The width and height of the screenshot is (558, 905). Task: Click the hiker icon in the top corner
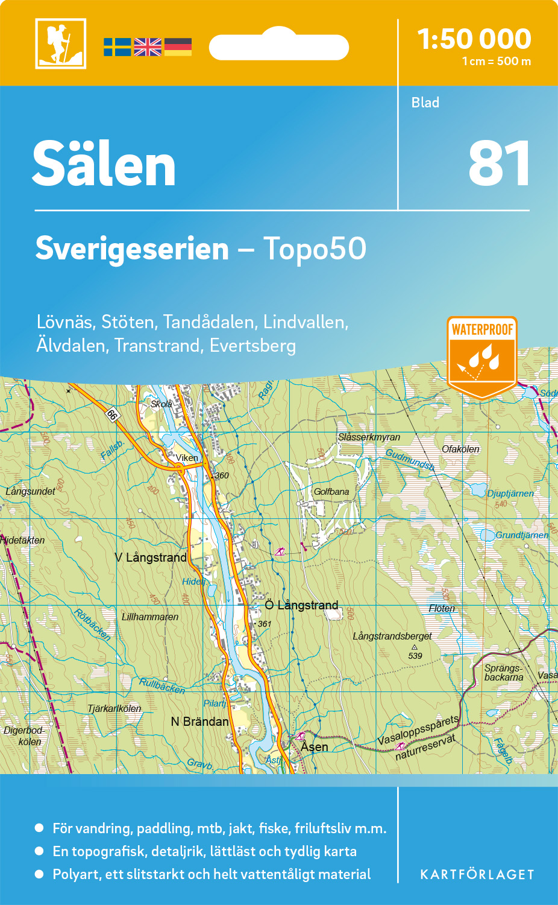pos(60,43)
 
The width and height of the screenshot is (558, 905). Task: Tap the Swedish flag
pos(117,47)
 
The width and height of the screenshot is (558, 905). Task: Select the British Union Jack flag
pos(148,47)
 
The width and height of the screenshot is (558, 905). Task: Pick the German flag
pos(178,47)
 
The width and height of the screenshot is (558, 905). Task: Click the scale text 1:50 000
pos(474,39)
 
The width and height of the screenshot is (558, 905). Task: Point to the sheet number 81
pos(499,164)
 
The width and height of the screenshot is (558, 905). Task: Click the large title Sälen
pos(104,164)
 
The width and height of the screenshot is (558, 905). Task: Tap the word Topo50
pos(315,249)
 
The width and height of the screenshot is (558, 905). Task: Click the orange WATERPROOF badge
pos(482,356)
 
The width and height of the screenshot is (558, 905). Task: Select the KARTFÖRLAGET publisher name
pos(477,875)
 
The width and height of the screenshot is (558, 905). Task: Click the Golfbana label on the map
pos(331,492)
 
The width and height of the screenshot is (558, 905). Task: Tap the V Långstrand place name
pos(151,557)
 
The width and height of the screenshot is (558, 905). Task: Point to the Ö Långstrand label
pos(302,605)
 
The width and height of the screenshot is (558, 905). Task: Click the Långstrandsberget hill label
pos(392,636)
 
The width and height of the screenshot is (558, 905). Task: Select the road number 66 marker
pos(111,414)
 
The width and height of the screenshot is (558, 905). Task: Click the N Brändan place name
pos(199,722)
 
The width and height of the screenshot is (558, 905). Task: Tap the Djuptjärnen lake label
pos(510,494)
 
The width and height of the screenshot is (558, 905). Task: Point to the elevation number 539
pos(415,656)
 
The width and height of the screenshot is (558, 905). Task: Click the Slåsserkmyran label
pos(369,437)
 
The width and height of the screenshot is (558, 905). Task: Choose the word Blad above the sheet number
pos(425,103)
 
